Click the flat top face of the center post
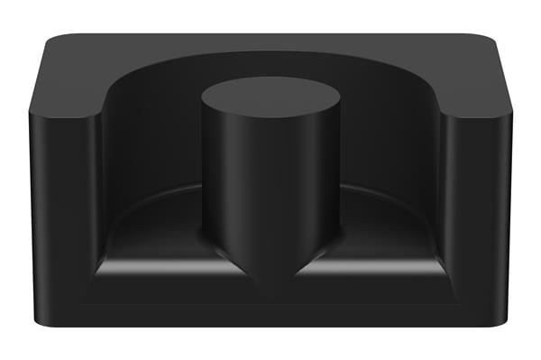[269, 95]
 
